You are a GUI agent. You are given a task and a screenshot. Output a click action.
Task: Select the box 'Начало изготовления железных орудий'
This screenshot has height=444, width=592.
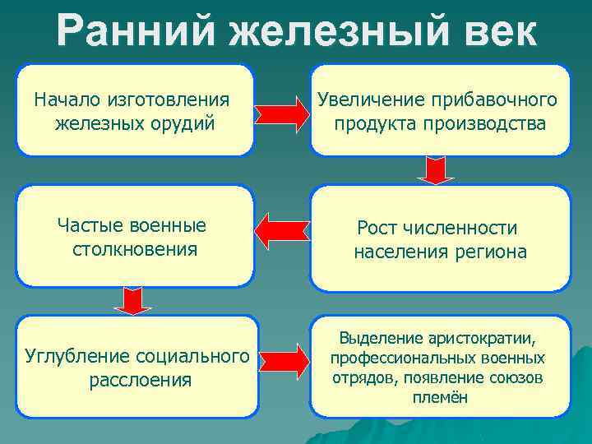point(135,111)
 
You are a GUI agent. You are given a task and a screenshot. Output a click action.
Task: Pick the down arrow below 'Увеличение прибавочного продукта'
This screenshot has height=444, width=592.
point(437,170)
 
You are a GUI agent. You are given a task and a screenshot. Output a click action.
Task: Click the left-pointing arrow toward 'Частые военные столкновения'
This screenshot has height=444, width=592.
point(281,232)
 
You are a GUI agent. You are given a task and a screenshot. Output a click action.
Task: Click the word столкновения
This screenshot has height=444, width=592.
point(133,248)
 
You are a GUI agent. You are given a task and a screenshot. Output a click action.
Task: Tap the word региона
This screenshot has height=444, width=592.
point(494,252)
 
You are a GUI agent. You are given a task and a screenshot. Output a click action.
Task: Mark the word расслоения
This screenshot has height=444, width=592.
point(139,381)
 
